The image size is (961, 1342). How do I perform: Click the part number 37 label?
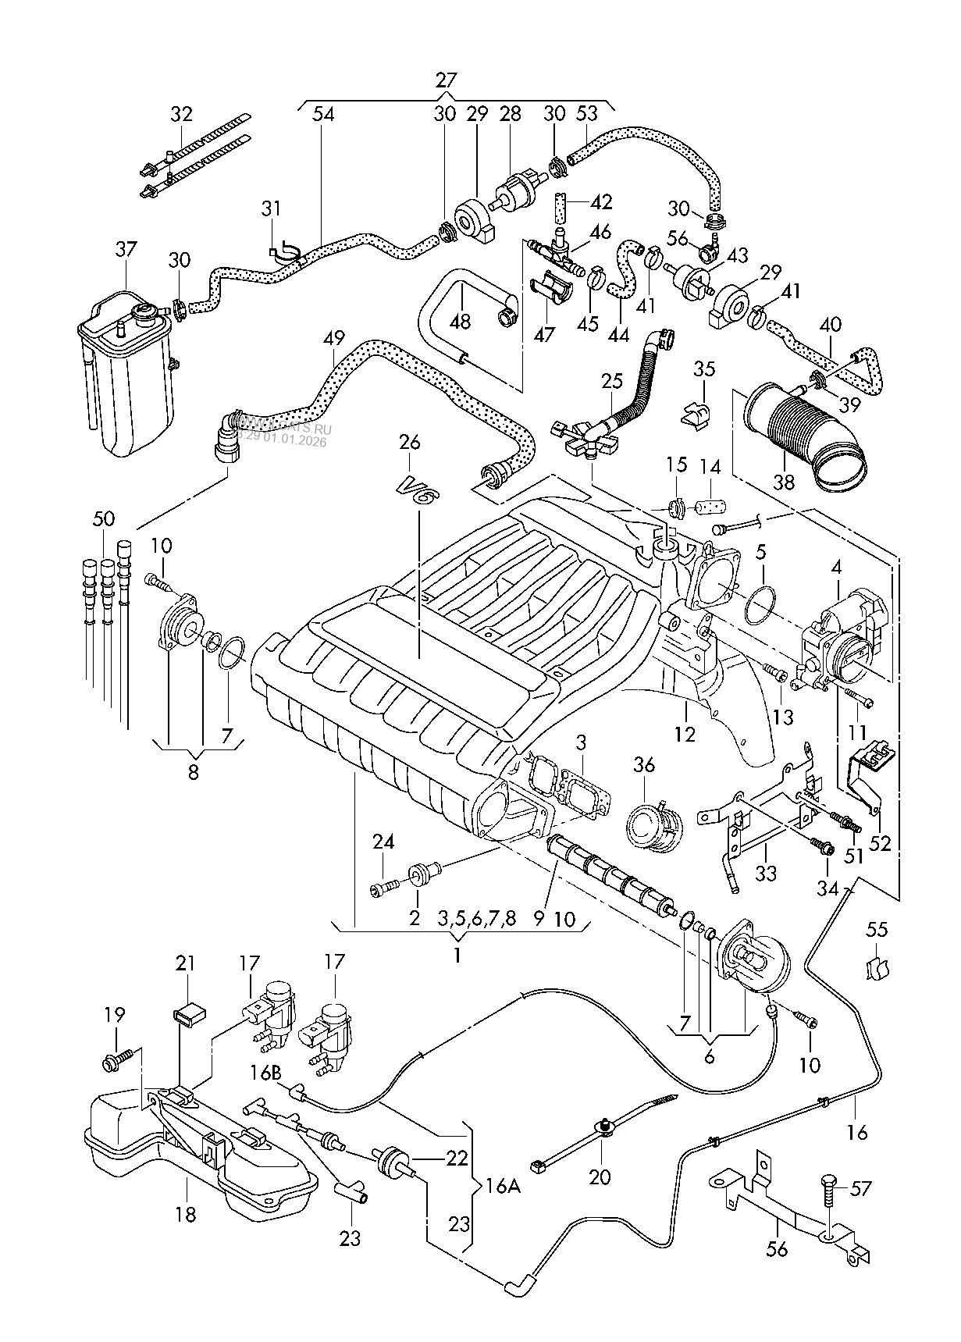tap(126, 250)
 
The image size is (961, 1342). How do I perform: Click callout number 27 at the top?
tap(446, 80)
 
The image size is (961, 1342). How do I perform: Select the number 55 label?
tap(878, 929)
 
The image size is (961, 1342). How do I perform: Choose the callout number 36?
tap(644, 766)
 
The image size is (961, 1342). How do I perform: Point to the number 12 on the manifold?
tap(685, 735)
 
